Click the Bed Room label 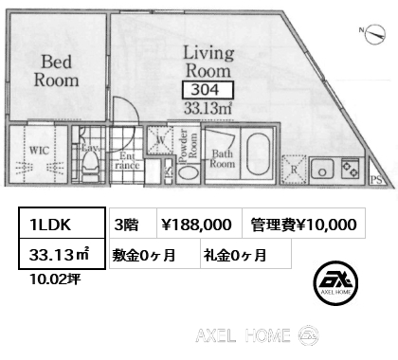click(x=58, y=71)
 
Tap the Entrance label click(x=129, y=160)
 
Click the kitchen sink click(x=323, y=171)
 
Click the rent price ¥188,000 click(x=195, y=224)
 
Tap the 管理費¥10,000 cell click(x=304, y=224)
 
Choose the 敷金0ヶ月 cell click(x=152, y=254)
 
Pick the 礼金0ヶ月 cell click(x=244, y=254)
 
